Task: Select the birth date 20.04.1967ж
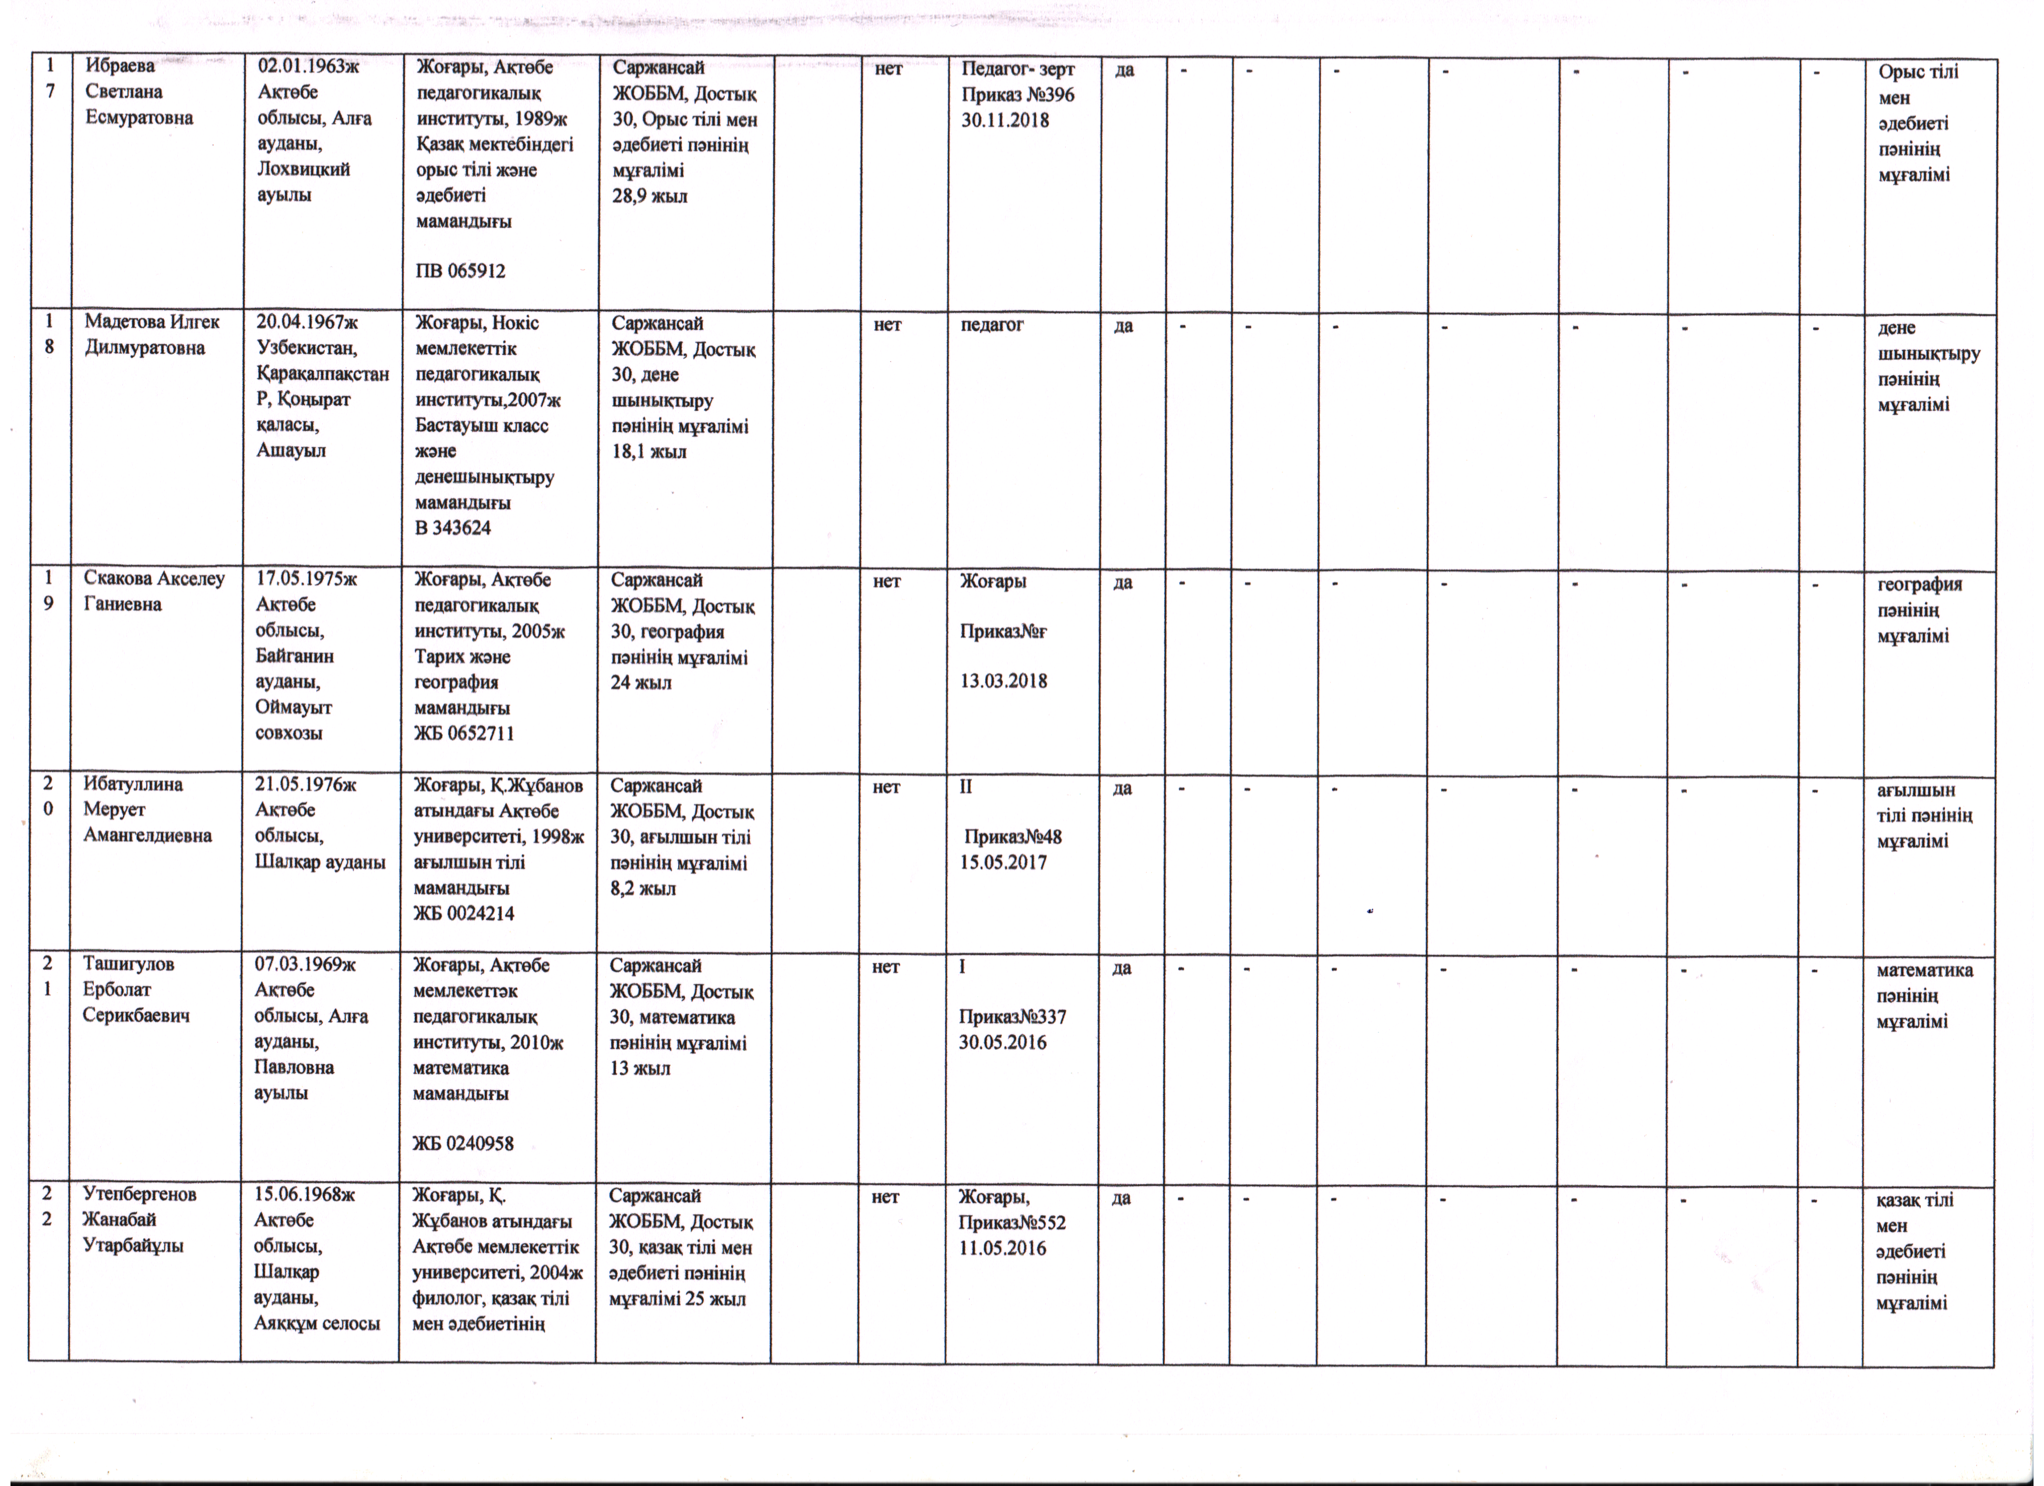pos(307,322)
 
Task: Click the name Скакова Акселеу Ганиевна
pos(153,591)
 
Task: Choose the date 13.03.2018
pos(1003,681)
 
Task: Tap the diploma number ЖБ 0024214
pos(463,913)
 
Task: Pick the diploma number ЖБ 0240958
pos(463,1143)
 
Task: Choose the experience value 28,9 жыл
pos(650,196)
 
